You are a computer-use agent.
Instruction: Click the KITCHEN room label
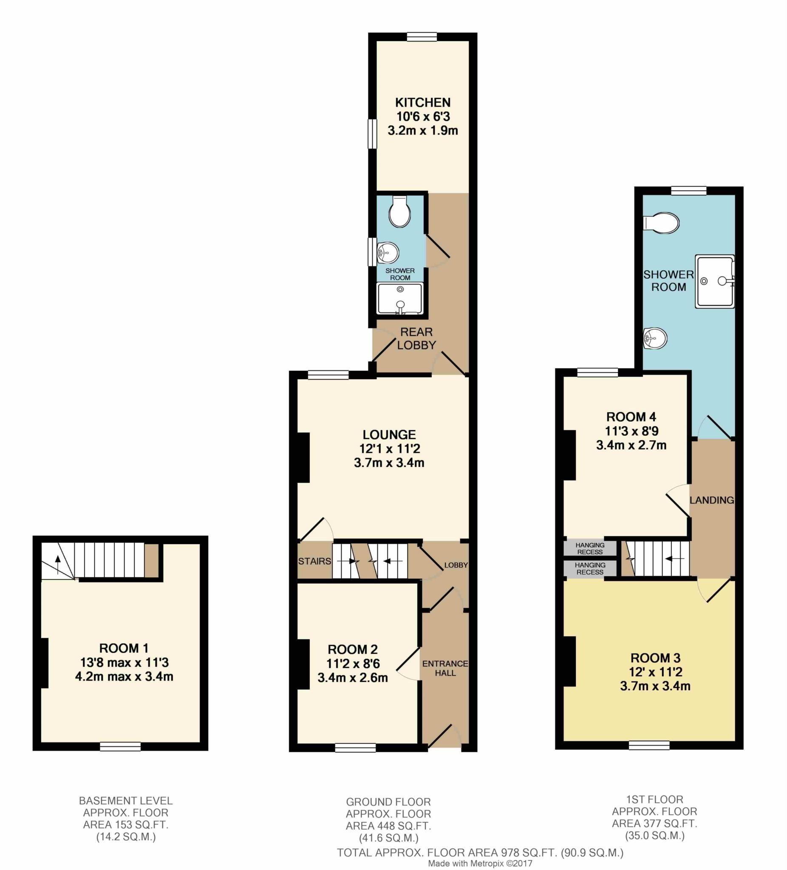423,103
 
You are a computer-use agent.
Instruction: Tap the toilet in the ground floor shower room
399,212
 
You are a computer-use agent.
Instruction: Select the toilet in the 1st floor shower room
661,223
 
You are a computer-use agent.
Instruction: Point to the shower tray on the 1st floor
714,281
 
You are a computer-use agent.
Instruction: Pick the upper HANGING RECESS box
590,548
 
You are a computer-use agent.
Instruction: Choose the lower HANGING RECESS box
590,568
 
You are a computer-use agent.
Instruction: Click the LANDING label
711,500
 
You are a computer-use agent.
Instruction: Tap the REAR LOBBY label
416,338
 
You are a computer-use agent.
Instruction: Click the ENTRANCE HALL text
445,668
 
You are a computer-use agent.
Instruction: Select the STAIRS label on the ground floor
314,561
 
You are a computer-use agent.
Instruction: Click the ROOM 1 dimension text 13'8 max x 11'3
125,662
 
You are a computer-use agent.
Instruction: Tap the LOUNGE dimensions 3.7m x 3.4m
389,463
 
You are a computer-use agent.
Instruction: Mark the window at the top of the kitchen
422,37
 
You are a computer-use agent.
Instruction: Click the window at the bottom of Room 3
649,745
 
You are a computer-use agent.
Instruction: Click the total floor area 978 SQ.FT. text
480,853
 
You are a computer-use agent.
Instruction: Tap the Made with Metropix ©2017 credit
480,864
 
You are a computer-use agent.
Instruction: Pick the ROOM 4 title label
631,417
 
